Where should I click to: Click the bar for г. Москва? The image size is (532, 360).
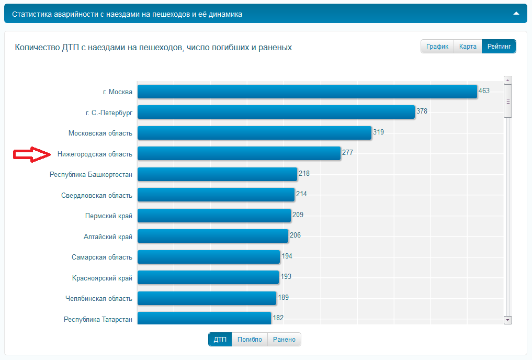[307, 92]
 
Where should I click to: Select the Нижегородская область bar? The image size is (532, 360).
[239, 153]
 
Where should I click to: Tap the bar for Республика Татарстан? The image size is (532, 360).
[204, 318]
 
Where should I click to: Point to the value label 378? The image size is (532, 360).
[422, 111]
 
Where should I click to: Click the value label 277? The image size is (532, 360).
[348, 153]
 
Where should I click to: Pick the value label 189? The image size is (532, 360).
[284, 297]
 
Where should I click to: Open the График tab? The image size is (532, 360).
[437, 47]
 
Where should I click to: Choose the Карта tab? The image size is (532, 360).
[468, 47]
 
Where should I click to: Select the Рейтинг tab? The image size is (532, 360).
[499, 47]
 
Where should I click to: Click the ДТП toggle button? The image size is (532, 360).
[220, 340]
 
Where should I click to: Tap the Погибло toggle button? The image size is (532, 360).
[250, 340]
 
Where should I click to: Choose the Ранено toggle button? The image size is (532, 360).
[284, 340]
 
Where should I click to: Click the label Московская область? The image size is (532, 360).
[100, 133]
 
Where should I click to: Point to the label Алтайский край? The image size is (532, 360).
[108, 237]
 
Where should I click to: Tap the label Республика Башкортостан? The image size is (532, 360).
[91, 174]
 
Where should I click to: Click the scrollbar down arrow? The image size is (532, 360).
[507, 320]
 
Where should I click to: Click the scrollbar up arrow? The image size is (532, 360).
[507, 80]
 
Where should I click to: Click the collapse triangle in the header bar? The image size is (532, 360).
[516, 14]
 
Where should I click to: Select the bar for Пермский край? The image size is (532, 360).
[214, 216]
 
